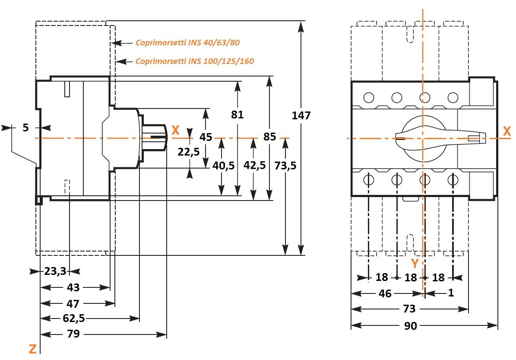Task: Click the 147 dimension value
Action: coord(301,116)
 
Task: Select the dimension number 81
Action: coord(237,115)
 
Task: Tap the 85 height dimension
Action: coord(269,137)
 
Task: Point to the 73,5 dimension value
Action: coord(285,166)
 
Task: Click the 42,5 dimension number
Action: coord(254,166)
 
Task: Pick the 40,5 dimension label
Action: coord(223,166)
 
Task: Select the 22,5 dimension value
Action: coord(188,152)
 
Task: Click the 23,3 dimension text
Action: coord(55,271)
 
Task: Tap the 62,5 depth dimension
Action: coord(73,319)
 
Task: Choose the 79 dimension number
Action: coord(73,335)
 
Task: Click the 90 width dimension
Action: coord(410,326)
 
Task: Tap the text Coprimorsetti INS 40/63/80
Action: coord(187,43)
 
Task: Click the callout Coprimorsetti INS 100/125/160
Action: coord(194,61)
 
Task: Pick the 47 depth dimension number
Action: coord(73,303)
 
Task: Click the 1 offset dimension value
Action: coord(451,293)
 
